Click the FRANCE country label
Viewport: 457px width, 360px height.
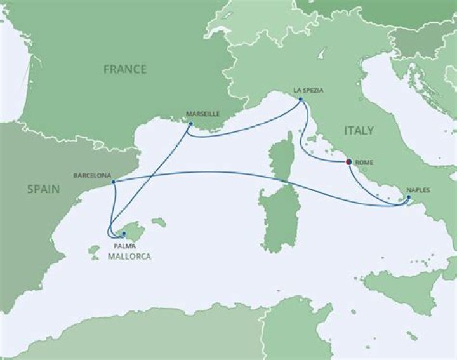click(x=125, y=69)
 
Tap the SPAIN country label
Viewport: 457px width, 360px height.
click(x=43, y=189)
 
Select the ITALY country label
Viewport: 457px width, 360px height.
click(x=359, y=131)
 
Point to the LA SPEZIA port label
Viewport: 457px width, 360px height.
click(x=308, y=90)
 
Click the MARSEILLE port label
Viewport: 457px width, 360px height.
click(x=203, y=114)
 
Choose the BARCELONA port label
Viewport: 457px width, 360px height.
click(x=93, y=173)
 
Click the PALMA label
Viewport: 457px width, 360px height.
click(x=124, y=244)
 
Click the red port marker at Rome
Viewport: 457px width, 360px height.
click(x=348, y=162)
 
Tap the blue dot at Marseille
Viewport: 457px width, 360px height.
click(x=190, y=124)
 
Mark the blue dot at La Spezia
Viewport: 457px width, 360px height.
click(x=301, y=99)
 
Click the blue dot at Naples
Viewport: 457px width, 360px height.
click(x=408, y=199)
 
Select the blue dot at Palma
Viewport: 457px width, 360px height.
click(x=124, y=234)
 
